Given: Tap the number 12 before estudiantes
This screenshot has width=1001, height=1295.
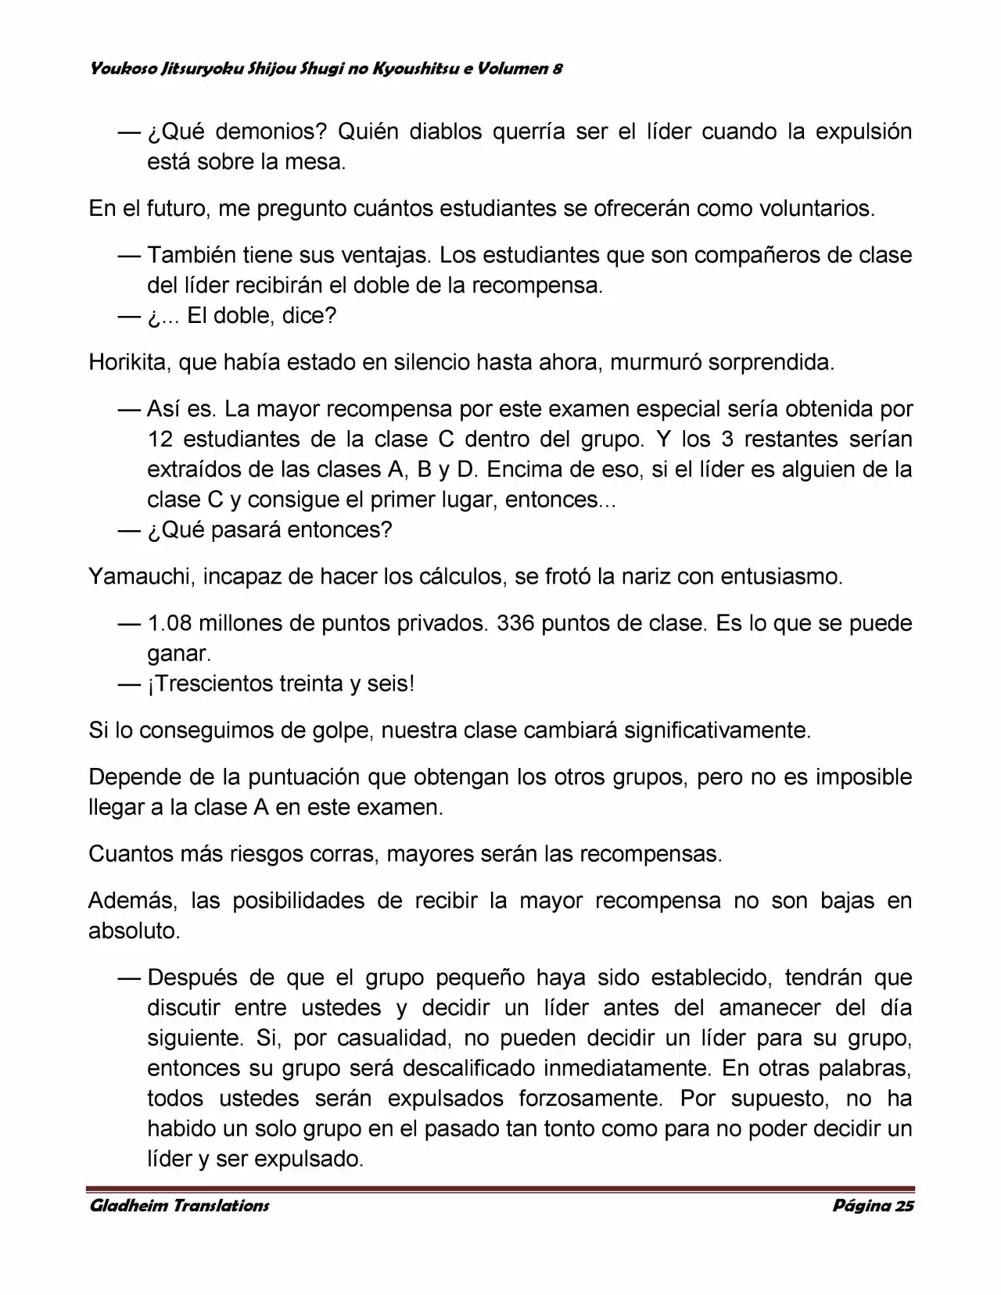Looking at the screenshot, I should pos(160,439).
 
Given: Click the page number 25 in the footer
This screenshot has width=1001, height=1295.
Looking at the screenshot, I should pos(904,1205).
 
